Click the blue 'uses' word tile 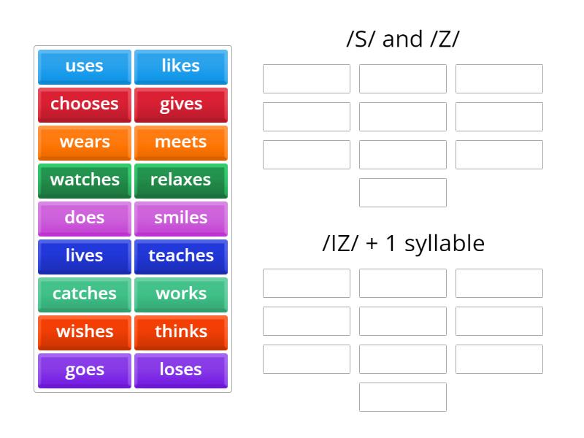pos(85,66)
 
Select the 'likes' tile pos(180,66)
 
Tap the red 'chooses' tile pos(85,104)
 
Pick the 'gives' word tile pos(180,104)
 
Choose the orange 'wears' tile pos(85,142)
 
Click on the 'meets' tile pos(180,142)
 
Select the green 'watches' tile pos(85,180)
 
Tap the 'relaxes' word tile pos(180,180)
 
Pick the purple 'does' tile pos(85,218)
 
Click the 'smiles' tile pos(180,218)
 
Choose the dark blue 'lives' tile pos(85,256)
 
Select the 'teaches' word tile pos(180,256)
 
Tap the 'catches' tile pos(85,294)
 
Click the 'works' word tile pos(180,294)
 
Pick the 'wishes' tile pos(85,332)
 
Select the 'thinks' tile pos(180,332)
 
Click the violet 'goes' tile pos(85,370)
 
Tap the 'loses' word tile pos(180,370)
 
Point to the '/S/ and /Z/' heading pos(403,39)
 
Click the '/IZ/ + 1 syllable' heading pos(403,243)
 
